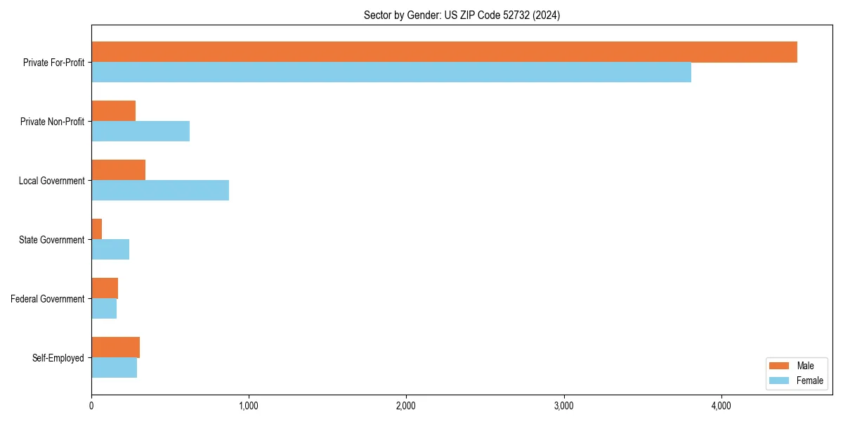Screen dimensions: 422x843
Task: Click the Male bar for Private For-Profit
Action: (444, 52)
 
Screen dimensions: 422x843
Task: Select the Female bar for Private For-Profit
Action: (391, 72)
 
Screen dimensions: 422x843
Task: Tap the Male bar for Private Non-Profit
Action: (113, 111)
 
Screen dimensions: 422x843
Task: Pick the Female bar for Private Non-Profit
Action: (140, 132)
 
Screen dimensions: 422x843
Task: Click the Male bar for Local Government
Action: (118, 170)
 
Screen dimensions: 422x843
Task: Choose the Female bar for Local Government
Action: (160, 191)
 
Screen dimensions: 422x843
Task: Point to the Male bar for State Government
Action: (97, 229)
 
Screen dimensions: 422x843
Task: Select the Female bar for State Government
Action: (110, 250)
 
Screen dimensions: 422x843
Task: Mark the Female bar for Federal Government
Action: (104, 309)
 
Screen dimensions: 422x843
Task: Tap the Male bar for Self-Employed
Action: (115, 347)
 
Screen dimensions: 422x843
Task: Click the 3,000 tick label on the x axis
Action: (564, 406)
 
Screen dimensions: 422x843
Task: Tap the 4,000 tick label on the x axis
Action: (721, 406)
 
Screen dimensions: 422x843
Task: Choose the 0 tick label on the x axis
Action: (91, 406)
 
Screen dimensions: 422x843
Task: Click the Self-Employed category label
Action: (58, 358)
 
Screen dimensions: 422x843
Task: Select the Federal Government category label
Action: (48, 299)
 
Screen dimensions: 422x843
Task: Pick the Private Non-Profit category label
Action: (53, 122)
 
